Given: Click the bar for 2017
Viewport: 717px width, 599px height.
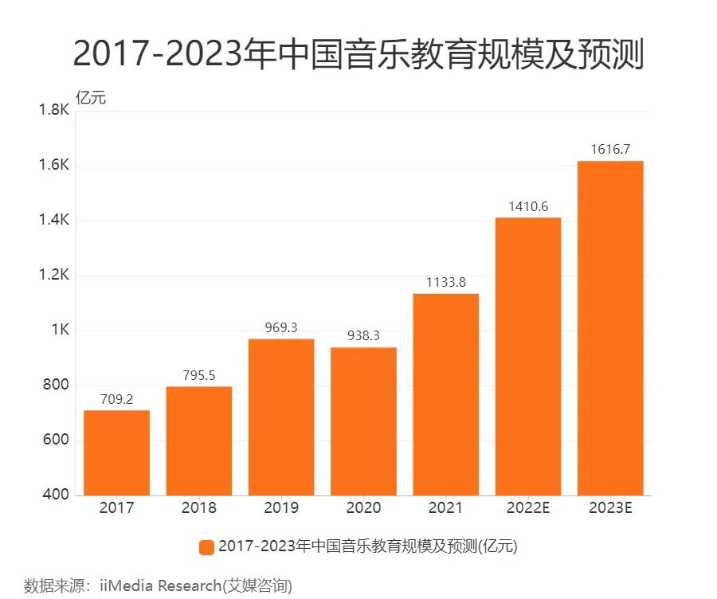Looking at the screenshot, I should click(x=116, y=452).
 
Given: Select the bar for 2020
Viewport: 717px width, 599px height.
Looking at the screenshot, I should click(x=363, y=421).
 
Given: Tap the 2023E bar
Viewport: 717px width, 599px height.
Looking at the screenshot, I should click(x=610, y=328).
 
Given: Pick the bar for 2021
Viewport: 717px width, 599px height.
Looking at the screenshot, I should click(x=445, y=394).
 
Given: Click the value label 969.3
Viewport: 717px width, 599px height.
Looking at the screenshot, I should click(x=280, y=327).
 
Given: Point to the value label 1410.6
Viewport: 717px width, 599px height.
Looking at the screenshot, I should click(x=528, y=206).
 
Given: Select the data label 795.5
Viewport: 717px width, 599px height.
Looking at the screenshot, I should click(x=198, y=375).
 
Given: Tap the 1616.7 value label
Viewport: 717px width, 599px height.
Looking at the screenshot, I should click(x=610, y=149).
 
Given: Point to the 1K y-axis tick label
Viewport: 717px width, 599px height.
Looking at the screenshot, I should click(x=60, y=331).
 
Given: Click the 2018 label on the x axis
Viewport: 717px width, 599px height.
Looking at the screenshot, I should click(x=198, y=508).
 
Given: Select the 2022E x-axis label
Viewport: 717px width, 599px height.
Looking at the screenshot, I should click(x=528, y=508).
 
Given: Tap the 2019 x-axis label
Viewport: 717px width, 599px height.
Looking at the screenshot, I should click(x=280, y=508).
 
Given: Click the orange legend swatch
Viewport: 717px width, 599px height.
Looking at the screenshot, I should click(x=206, y=546).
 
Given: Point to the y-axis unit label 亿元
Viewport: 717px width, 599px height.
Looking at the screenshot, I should click(x=90, y=98).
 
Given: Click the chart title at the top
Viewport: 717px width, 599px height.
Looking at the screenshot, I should click(x=358, y=55).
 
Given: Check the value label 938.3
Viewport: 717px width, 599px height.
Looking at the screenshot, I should click(x=363, y=336).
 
